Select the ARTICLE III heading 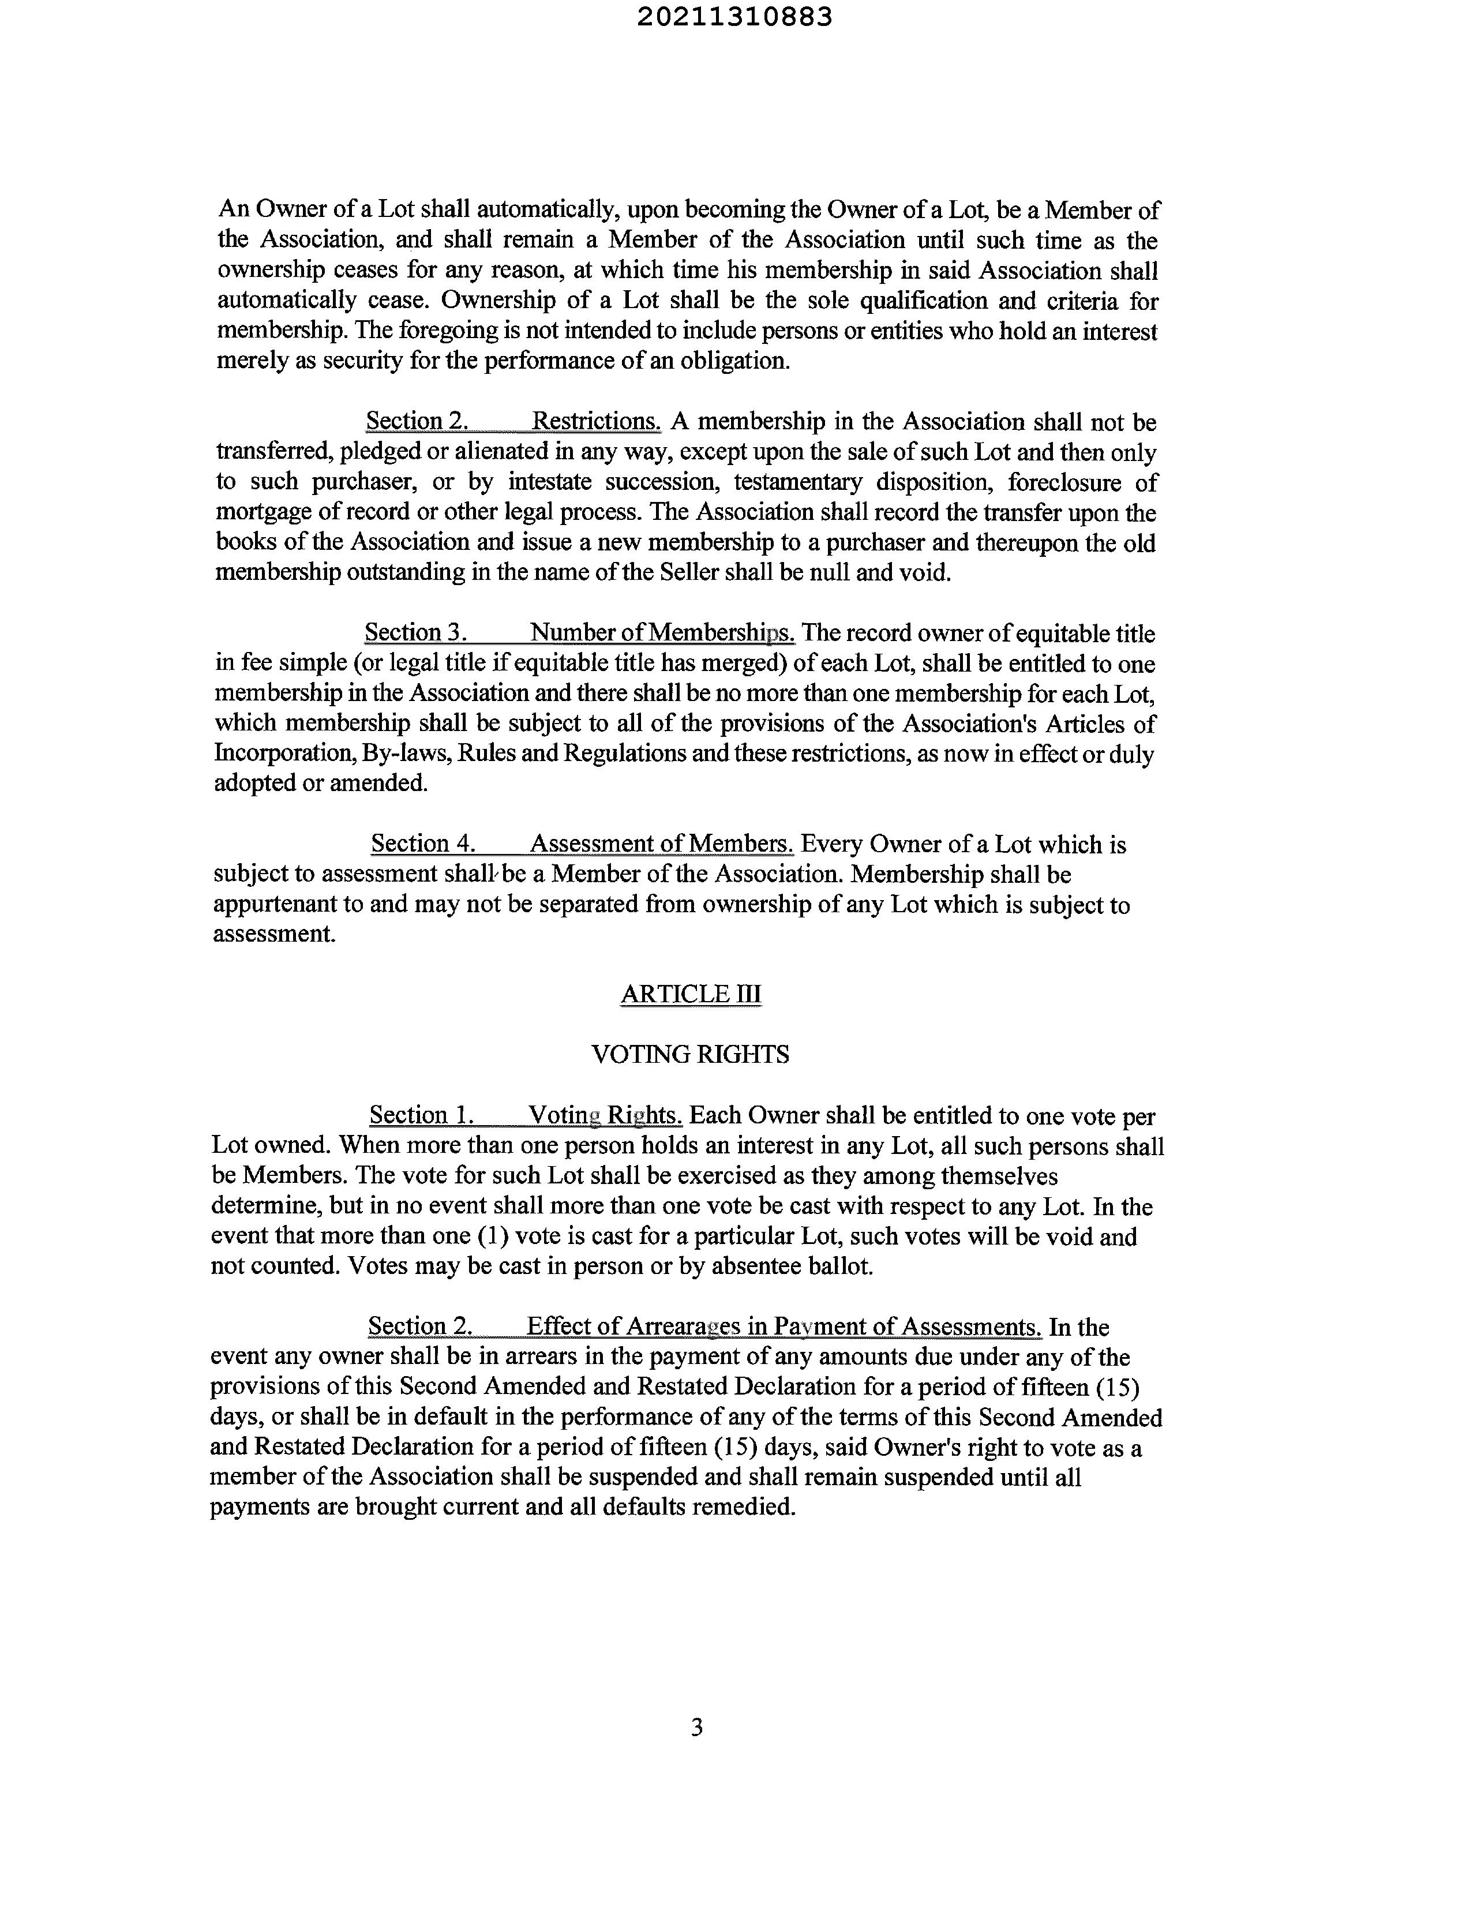pos(691,994)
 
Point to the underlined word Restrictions pos(596,422)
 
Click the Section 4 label pos(423,844)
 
